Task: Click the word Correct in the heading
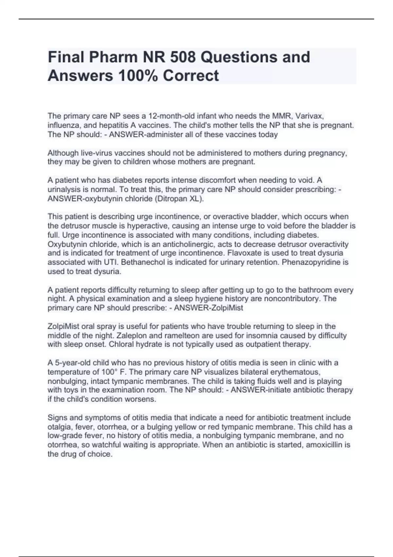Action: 191,76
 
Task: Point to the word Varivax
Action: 309,116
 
